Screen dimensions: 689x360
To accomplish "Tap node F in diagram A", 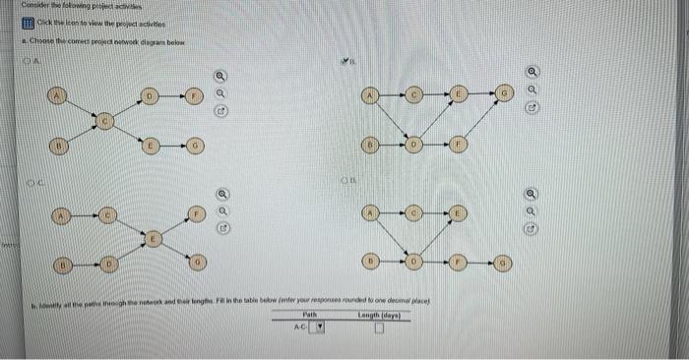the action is click(194, 95).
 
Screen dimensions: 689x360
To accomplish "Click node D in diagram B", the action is click(413, 146).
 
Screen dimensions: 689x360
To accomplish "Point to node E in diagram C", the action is click(153, 238).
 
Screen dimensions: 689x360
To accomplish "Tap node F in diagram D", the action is click(459, 264).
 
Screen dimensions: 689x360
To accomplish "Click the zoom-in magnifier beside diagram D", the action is click(532, 194).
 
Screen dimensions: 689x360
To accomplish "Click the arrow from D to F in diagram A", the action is click(171, 95).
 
